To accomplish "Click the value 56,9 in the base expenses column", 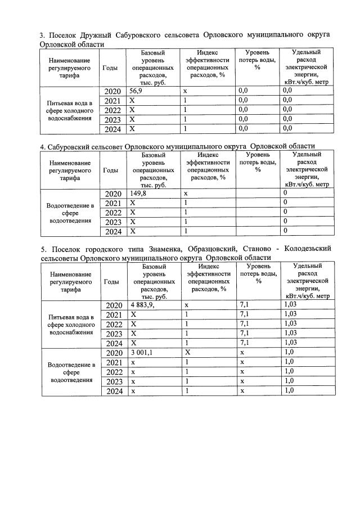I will tap(136, 90).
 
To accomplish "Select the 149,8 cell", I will tap(138, 193).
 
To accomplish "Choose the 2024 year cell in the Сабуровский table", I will tap(114, 231).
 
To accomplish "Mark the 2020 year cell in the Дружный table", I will tap(114, 91).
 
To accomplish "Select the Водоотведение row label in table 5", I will tap(70, 372).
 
